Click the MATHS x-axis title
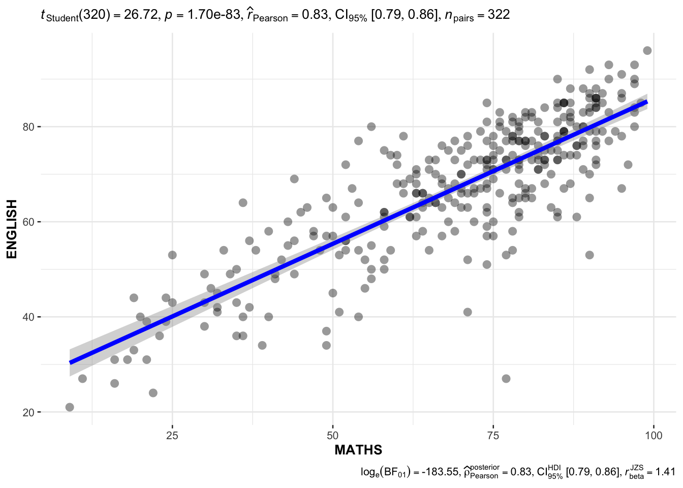[358, 450]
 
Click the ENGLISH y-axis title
[12, 229]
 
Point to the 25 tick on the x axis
[172, 435]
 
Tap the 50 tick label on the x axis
[332, 435]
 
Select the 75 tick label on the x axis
[493, 435]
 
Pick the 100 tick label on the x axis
[653, 435]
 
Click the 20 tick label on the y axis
[28, 412]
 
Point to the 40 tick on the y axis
[28, 317]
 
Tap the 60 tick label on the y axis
[28, 222]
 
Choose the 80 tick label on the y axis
[28, 127]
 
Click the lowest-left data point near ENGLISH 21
[70, 407]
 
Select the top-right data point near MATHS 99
[647, 50]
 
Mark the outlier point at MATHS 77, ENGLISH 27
[506, 379]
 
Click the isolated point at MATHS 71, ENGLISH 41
[468, 312]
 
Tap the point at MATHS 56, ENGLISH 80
[371, 127]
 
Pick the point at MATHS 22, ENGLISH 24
[153, 393]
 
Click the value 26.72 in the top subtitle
[140, 15]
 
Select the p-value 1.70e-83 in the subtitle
[213, 15]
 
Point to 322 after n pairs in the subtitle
[499, 15]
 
